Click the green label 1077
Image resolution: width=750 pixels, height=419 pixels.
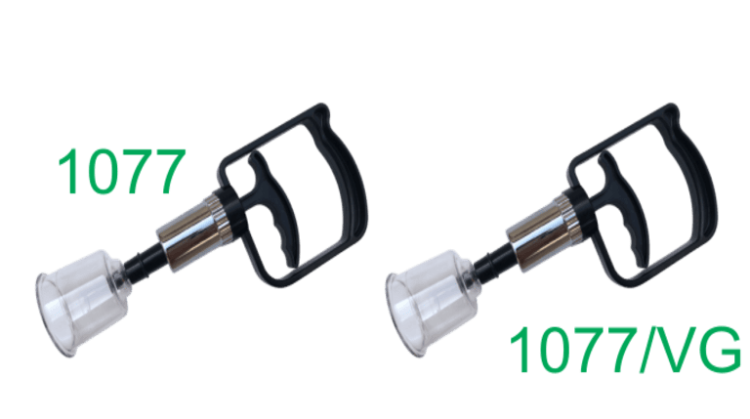point(121,171)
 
